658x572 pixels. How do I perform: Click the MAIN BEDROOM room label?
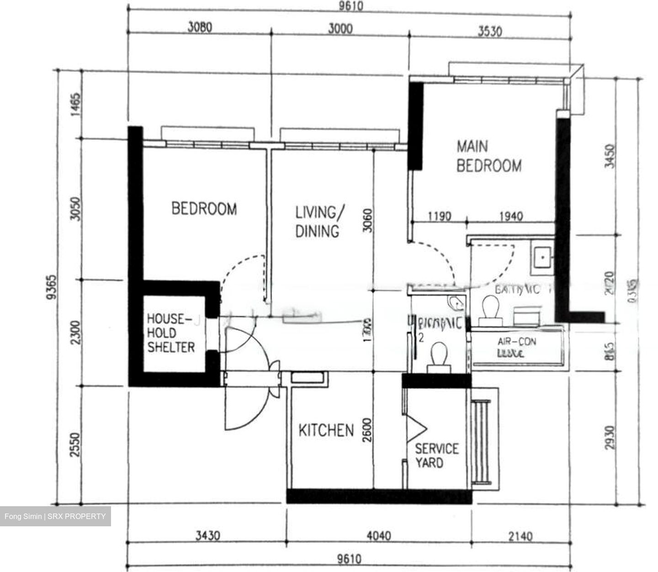(x=489, y=156)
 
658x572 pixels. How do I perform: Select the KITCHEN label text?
(x=326, y=430)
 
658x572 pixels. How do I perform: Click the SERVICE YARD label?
(x=436, y=455)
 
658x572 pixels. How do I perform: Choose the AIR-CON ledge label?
(x=516, y=347)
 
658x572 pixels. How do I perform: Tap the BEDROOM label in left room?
(x=204, y=209)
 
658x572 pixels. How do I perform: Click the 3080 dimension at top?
(x=200, y=27)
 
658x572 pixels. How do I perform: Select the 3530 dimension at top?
(x=489, y=31)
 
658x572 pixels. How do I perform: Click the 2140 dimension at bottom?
(x=520, y=536)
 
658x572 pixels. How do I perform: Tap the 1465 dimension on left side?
(x=75, y=105)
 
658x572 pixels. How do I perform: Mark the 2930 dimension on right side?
(x=610, y=438)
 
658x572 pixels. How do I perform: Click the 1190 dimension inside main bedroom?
(x=439, y=216)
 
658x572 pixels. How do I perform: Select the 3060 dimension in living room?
(x=367, y=221)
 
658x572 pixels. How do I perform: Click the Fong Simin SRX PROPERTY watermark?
(x=55, y=517)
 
